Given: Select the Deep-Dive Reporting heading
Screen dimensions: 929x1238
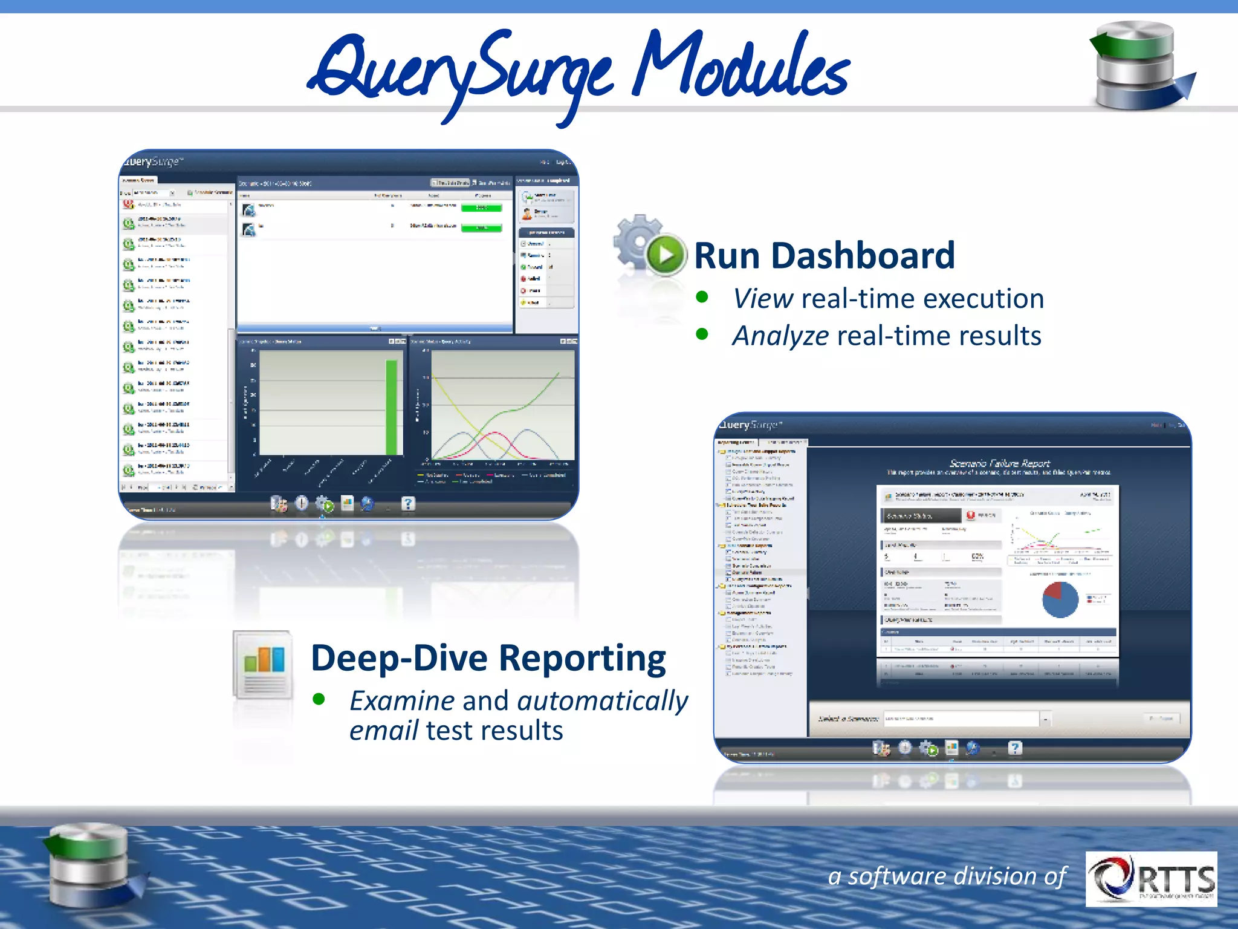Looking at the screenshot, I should click(x=488, y=658).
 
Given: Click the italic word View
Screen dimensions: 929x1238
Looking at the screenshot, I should click(x=763, y=299).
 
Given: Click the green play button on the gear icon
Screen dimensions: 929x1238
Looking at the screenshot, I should click(x=665, y=255).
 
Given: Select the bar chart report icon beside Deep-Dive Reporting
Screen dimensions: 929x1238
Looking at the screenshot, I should click(x=264, y=664).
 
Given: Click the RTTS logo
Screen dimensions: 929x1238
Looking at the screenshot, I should click(x=1151, y=878).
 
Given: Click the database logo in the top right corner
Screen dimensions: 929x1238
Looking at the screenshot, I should click(x=1139, y=65).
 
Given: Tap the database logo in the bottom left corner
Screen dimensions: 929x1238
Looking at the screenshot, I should click(x=91, y=865).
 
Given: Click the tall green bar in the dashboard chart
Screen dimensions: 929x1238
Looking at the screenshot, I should click(x=391, y=407).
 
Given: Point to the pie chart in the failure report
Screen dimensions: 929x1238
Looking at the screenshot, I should click(x=1060, y=599).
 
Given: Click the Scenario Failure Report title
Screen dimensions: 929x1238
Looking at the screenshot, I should click(x=999, y=463).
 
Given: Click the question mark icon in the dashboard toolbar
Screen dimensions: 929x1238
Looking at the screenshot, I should click(x=409, y=503).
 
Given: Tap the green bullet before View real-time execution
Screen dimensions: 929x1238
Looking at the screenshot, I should click(x=702, y=297).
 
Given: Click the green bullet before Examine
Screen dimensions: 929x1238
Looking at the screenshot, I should click(x=319, y=700).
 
